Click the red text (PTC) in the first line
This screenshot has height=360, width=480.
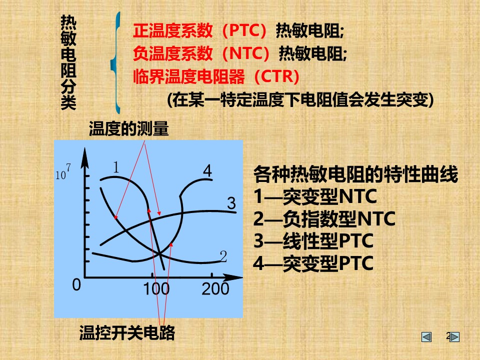[x=244, y=30]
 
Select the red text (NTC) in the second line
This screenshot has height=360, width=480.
[x=246, y=53]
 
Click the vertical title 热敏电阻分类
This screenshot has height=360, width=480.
[x=68, y=62]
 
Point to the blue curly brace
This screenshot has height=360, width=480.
[x=115, y=63]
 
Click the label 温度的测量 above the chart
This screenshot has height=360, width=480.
[x=128, y=128]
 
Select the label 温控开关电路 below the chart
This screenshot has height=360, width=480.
[x=127, y=333]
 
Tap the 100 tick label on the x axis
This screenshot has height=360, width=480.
[x=156, y=289]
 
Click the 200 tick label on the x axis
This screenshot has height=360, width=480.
[x=215, y=289]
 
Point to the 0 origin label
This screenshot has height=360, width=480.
[x=76, y=284]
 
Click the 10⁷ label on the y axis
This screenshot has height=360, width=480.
[x=63, y=171]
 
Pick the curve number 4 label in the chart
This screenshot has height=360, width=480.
[x=207, y=171]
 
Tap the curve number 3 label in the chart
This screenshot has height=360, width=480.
[x=231, y=203]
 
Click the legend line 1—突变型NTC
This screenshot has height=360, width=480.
[x=315, y=196]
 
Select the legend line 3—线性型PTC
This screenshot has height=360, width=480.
[x=313, y=240]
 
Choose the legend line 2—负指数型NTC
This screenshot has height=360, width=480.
[x=324, y=218]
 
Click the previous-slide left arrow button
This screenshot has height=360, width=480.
[x=426, y=337]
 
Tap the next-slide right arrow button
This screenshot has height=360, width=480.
[x=454, y=337]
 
